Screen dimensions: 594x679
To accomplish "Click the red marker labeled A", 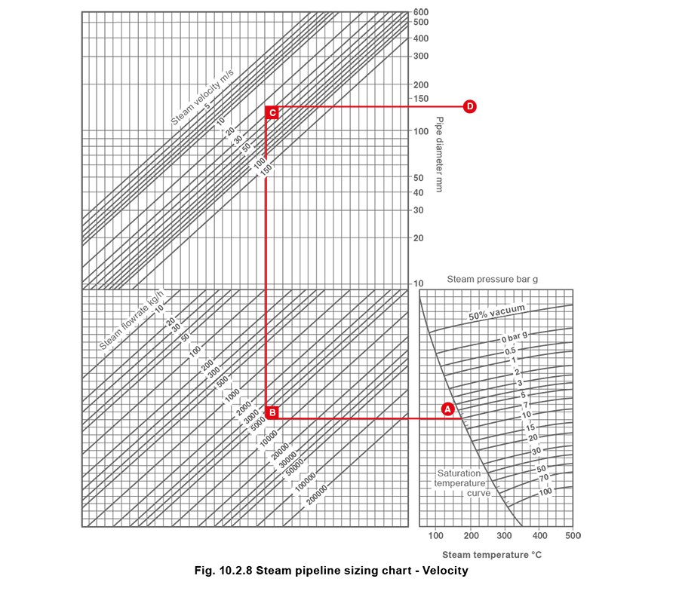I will tap(447, 409).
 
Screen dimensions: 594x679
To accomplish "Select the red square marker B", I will tap(272, 412).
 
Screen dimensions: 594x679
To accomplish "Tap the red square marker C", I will tap(272, 113).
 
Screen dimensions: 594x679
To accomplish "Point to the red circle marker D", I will tap(470, 106).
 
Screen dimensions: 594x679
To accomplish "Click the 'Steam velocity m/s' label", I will tap(203, 97).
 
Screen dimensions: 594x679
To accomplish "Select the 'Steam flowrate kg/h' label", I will tap(132, 320).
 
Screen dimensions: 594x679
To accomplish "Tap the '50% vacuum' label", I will tap(496, 313).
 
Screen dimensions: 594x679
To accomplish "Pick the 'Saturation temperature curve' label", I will tap(459, 483).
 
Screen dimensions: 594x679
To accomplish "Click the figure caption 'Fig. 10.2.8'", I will tap(224, 571).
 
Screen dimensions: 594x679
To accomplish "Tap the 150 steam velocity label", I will tap(266, 171).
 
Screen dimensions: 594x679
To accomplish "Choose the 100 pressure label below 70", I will tap(545, 491).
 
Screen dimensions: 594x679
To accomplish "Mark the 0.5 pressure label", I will tap(511, 351).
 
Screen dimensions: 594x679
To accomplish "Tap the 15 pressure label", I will tap(530, 428).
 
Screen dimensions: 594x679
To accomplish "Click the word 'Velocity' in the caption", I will tap(445, 571).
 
